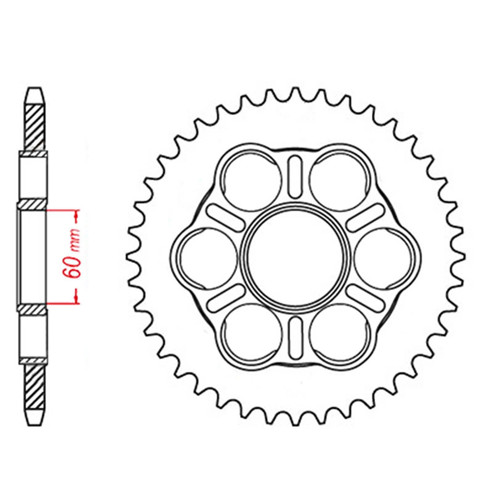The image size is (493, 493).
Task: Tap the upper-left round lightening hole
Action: (x=253, y=179)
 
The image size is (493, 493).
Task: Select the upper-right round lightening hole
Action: (x=339, y=179)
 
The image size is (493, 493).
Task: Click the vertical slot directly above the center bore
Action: (x=295, y=176)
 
